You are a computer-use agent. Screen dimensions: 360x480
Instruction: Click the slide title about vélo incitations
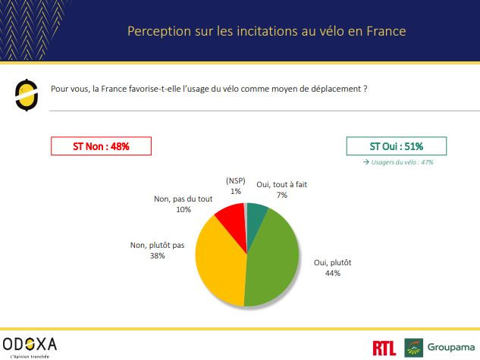coord(266,31)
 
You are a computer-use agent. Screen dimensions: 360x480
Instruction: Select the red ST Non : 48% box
coord(101,146)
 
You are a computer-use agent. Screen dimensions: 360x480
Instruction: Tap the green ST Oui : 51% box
coord(396,146)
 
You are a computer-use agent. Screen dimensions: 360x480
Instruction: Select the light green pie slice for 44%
coord(269,258)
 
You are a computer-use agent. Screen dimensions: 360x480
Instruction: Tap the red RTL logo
coord(384,348)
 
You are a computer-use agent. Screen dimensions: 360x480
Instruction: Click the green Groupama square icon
coord(413,348)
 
